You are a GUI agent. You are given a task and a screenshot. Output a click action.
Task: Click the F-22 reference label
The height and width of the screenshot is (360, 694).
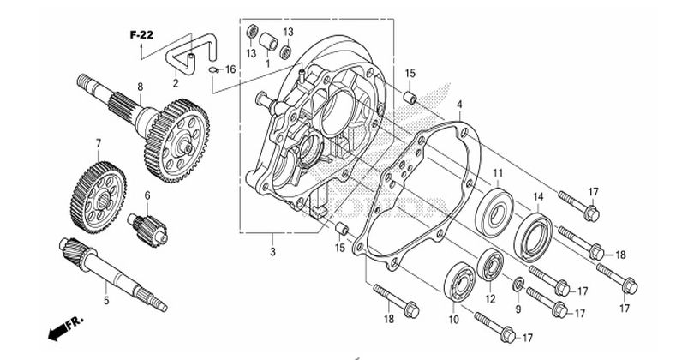pos(141,35)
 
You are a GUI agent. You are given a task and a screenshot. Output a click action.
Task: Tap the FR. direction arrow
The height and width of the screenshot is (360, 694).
pos(65,328)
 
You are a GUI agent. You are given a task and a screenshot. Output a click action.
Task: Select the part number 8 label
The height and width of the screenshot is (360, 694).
pos(141,87)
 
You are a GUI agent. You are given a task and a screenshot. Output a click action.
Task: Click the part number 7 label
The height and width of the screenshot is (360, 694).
pos(99,143)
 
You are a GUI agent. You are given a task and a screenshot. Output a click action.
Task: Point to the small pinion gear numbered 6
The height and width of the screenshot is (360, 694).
pos(147,229)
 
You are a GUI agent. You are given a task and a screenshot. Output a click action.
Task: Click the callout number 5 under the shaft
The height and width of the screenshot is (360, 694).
pos(106,300)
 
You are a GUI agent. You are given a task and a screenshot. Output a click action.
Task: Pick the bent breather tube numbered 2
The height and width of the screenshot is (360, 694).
pos(191,55)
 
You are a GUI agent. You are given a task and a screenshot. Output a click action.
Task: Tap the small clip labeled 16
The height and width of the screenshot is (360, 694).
pos(213,70)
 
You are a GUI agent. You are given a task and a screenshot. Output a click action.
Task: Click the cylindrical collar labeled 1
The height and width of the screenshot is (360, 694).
pos(268,42)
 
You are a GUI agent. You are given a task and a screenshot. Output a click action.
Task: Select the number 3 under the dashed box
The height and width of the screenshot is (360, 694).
pos(272,252)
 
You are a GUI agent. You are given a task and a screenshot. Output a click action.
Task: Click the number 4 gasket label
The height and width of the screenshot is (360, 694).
pos(459,105)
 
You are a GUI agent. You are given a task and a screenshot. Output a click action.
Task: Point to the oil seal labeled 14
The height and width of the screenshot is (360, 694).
pos(533,237)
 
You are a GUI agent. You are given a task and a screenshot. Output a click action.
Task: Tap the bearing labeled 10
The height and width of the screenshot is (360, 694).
pos(460,282)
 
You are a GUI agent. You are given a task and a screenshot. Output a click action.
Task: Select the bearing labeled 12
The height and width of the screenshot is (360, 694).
pos(490,264)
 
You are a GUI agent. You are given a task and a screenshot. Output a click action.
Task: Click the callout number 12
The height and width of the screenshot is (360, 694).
pos(490,299)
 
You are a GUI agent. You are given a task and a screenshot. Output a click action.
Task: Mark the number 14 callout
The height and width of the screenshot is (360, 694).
pos(538,196)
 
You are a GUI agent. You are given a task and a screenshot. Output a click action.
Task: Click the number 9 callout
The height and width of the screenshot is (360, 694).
pos(518,309)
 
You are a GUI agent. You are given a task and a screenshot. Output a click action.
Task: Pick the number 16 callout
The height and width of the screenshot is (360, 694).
pos(230,69)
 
